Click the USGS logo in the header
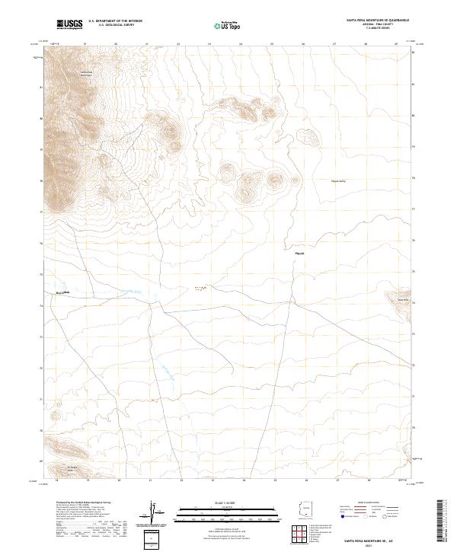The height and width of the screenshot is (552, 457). coord(69,25)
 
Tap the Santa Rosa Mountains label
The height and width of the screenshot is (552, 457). coord(86,74)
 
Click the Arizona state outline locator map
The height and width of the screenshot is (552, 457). coord(305,509)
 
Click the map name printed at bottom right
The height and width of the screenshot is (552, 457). coord(369,541)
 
